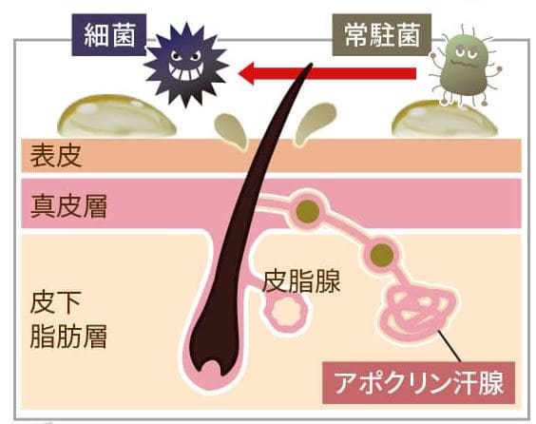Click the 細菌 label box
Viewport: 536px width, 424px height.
click(109, 35)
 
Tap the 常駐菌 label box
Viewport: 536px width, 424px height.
click(381, 35)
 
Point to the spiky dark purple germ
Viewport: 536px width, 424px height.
click(185, 65)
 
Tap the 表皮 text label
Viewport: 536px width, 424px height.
click(56, 156)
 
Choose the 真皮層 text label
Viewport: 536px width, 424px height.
click(68, 206)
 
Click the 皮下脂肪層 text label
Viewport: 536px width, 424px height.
click(68, 319)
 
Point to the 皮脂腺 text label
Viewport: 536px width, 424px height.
click(301, 281)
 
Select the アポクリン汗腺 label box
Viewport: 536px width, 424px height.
click(418, 382)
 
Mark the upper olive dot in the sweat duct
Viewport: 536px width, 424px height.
click(308, 212)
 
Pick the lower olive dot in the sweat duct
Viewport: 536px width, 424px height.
click(382, 255)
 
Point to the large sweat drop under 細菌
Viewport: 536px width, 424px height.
click(116, 116)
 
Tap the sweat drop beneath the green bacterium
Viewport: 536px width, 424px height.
click(445, 120)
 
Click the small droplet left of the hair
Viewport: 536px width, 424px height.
click(231, 130)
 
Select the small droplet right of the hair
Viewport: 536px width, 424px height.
click(314, 123)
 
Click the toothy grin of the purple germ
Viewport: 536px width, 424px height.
click(185, 72)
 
